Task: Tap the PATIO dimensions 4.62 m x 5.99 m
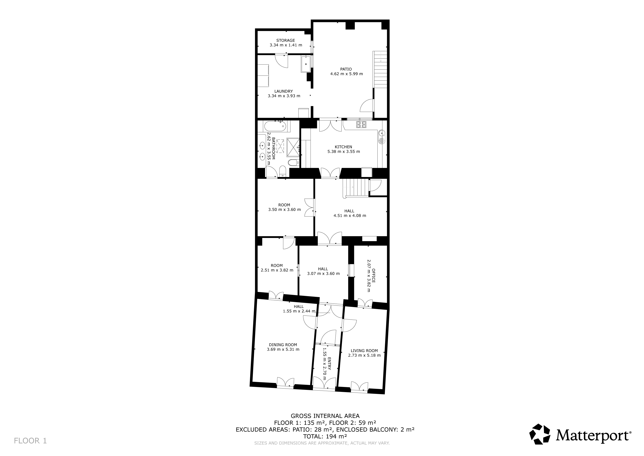346,74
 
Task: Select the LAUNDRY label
284,91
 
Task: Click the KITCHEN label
343,147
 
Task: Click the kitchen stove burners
362,124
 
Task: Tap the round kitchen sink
382,133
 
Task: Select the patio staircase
380,69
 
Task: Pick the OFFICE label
373,276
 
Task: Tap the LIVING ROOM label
364,351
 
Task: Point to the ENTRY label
330,364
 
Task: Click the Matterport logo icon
540,434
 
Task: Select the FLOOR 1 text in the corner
30,441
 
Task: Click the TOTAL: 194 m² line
325,436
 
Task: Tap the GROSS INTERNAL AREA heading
325,416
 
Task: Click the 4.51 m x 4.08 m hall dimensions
350,216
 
